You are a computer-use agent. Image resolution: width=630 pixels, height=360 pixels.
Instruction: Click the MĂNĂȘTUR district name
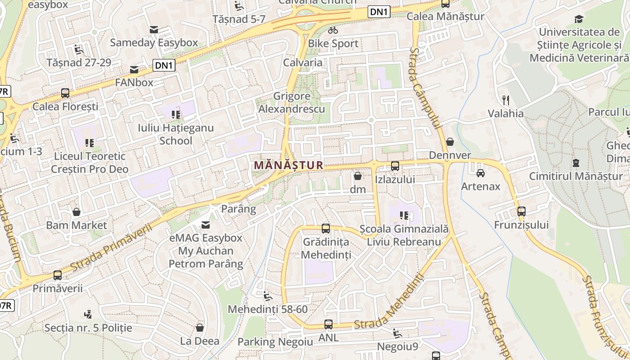[x=288, y=165]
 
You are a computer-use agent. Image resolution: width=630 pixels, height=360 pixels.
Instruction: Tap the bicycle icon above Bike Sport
[x=333, y=30]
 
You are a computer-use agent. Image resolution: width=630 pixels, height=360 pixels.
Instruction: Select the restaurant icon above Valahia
[x=506, y=100]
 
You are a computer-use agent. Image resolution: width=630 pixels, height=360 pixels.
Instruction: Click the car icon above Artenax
[x=481, y=173]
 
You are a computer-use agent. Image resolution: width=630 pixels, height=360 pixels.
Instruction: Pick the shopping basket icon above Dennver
[x=450, y=142]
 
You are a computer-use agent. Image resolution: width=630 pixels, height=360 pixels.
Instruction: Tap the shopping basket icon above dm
[x=358, y=175]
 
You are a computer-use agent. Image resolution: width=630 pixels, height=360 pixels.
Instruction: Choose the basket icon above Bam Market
[x=76, y=211]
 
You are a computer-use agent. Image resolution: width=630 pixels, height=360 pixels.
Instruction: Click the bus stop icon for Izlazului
[x=395, y=166]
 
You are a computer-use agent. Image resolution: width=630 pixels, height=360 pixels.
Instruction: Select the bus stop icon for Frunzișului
[x=521, y=211]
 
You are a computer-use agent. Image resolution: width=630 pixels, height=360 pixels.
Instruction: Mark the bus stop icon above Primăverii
[x=57, y=275]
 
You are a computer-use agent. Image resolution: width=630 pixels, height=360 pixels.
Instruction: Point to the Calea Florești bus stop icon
[x=65, y=93]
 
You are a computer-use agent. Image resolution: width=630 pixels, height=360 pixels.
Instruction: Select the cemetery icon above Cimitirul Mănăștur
[x=576, y=163]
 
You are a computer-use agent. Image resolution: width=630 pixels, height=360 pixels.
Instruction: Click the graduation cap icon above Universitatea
[x=579, y=19]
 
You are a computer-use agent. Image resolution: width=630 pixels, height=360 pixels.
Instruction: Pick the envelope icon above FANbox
[x=134, y=70]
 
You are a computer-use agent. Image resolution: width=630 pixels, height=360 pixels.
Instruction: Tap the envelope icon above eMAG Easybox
[x=206, y=225]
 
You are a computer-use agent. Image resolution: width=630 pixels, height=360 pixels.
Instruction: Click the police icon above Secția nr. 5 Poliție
[x=88, y=314]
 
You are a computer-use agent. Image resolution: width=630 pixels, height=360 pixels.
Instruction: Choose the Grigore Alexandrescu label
[x=292, y=102]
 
